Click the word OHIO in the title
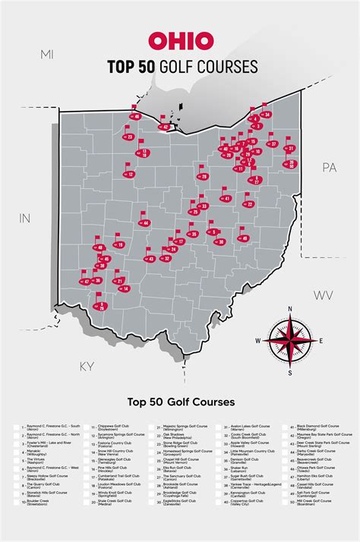(180, 41)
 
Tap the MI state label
(48, 55)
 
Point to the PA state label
(329, 167)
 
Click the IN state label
(24, 218)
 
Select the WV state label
(324, 295)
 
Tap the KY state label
(87, 367)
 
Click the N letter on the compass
(290, 309)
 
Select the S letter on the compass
(290, 373)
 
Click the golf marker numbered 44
(145, 223)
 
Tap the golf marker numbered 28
(204, 177)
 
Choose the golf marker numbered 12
(131, 175)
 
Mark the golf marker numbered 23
(130, 137)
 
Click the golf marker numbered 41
(227, 198)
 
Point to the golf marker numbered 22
(249, 203)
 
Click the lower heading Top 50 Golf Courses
(180, 401)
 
